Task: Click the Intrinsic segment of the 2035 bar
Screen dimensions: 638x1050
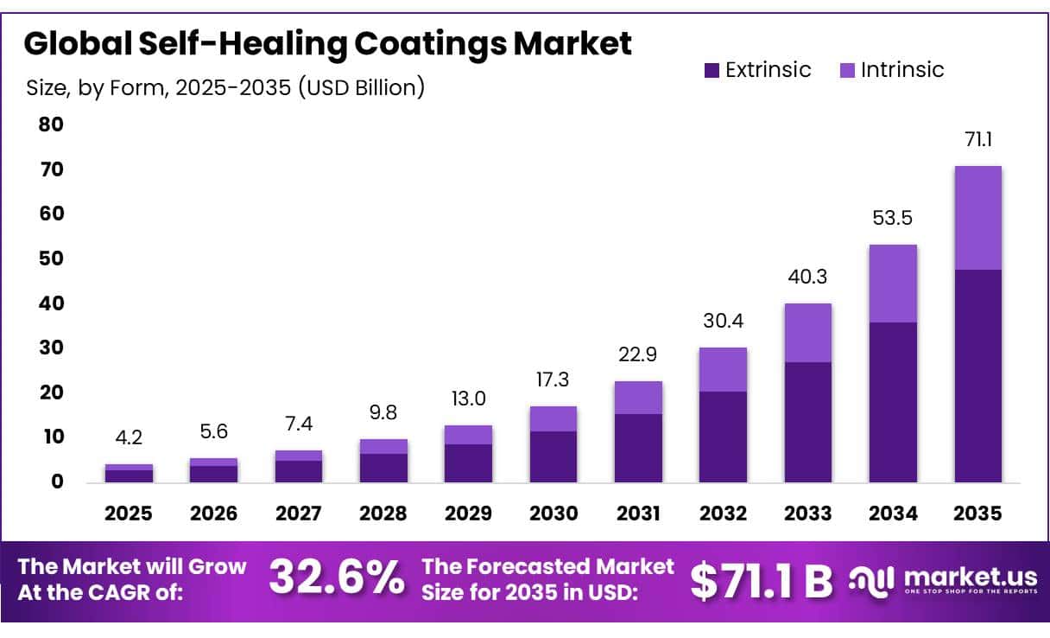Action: [977, 218]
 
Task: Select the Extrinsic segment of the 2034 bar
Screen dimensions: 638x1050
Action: [893, 402]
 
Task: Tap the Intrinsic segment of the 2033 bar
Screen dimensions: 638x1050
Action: [807, 333]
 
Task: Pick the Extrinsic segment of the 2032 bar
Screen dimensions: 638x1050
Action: [723, 437]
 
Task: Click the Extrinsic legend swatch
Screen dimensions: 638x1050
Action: [712, 71]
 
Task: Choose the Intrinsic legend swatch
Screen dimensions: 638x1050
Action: [846, 71]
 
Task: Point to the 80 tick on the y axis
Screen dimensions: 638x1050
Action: [51, 124]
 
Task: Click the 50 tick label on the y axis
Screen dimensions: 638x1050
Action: [51, 258]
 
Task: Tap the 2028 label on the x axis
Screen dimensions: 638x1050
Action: [383, 514]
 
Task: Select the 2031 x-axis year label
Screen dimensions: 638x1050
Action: [638, 514]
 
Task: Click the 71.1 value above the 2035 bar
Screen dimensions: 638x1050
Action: [978, 139]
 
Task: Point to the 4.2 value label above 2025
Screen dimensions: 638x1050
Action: [129, 437]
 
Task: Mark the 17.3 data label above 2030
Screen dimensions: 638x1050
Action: [553, 380]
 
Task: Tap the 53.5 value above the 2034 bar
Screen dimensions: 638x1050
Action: [894, 218]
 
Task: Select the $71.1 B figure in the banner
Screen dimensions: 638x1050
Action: [761, 580]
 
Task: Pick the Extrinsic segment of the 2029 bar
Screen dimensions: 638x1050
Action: [468, 463]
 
